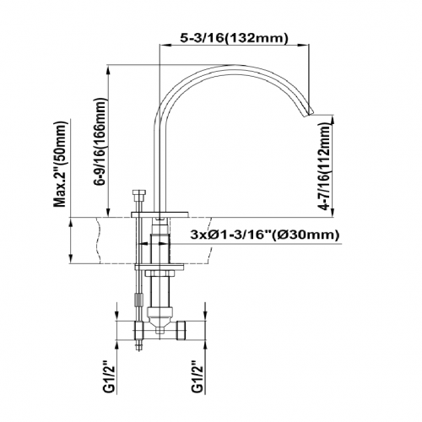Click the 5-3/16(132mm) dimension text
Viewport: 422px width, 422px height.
(234, 38)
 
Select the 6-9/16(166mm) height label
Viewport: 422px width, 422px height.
(101, 141)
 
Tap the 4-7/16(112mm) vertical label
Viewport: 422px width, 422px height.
(323, 167)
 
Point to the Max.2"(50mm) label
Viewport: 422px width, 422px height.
(60, 164)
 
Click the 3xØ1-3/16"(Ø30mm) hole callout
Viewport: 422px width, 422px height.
(264, 235)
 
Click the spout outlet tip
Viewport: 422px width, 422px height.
(309, 112)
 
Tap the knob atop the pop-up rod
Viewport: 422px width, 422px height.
(139, 194)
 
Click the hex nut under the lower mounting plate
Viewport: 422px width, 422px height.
(159, 273)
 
